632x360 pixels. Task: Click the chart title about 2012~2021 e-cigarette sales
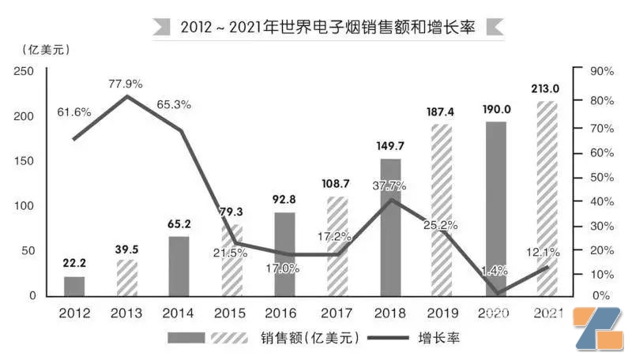pos(327,26)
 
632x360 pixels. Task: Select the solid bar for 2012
pos(74,286)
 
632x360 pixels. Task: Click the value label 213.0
pos(547,88)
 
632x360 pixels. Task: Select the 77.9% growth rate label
pos(127,83)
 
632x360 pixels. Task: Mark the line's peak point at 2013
pos(127,96)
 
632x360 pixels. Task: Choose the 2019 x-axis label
pos(442,313)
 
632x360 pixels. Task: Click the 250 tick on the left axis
pos(24,71)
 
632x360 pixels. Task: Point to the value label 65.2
pos(179,224)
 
